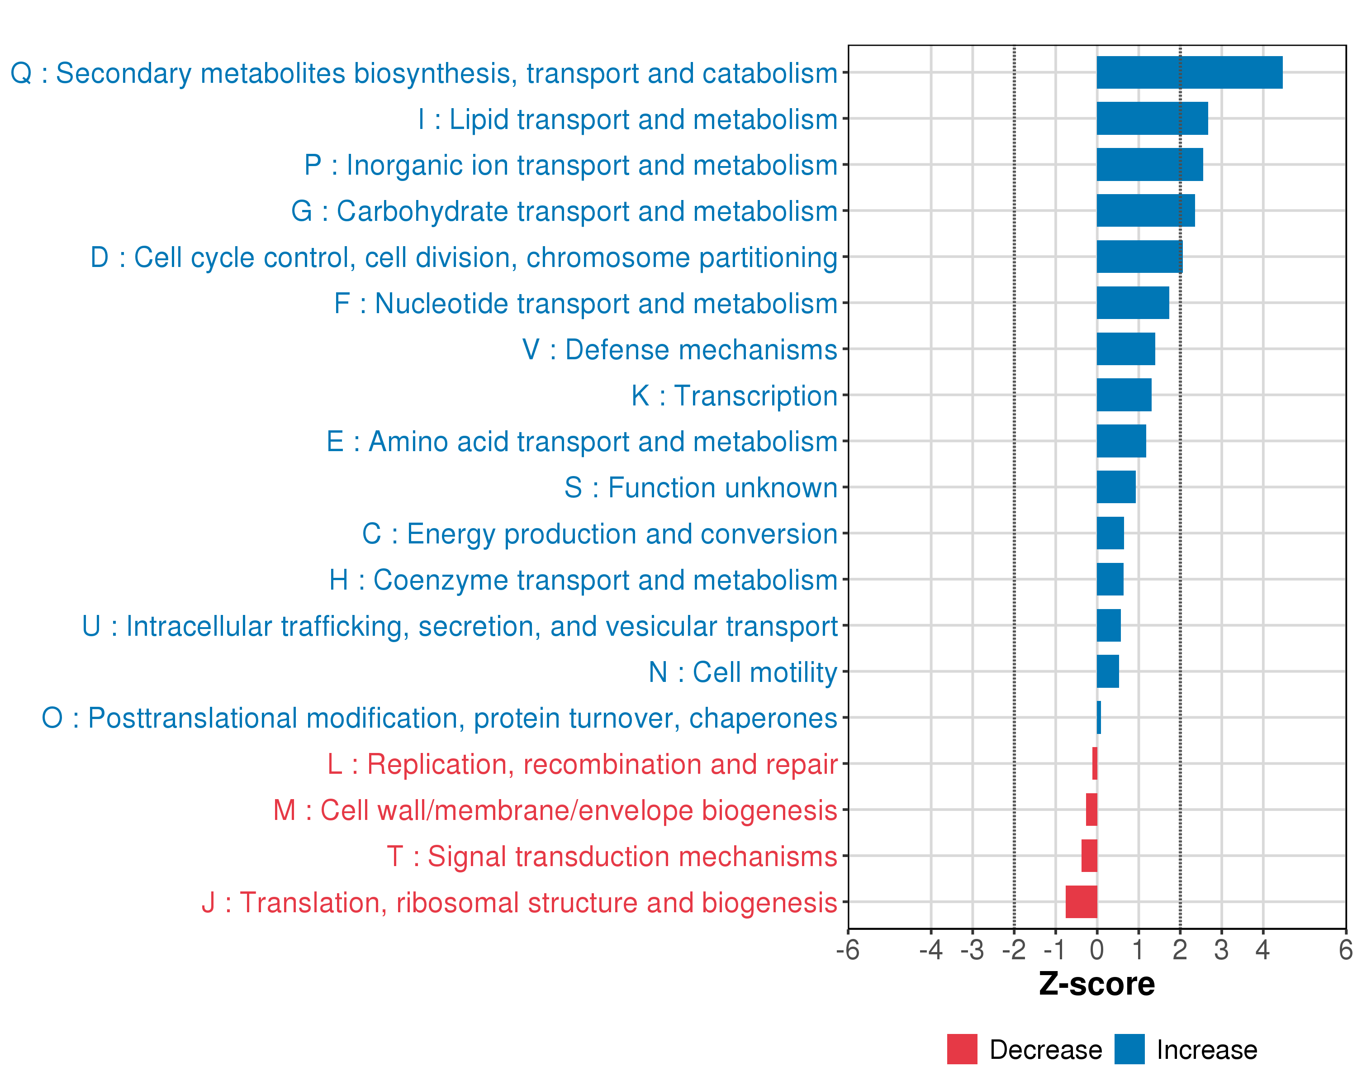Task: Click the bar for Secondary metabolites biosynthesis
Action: pos(1189,72)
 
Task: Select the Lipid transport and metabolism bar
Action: pos(1152,119)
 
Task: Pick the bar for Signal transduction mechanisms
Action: pos(1089,856)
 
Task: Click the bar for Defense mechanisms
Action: pos(1125,349)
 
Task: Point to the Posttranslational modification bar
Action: pos(1098,718)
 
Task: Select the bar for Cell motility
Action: pos(1108,671)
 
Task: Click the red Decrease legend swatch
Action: pos(962,1049)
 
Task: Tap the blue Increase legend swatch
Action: pos(1129,1049)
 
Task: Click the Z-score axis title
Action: pos(1096,984)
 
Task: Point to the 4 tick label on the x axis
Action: pos(1262,950)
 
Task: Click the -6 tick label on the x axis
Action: pos(847,950)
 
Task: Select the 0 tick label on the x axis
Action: pos(1096,950)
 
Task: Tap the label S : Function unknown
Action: pos(701,488)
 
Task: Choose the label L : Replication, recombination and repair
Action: pos(582,764)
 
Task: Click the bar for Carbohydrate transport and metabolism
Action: pos(1145,210)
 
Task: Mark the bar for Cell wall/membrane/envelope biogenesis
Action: pos(1091,810)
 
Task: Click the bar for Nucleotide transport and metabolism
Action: pos(1132,303)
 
